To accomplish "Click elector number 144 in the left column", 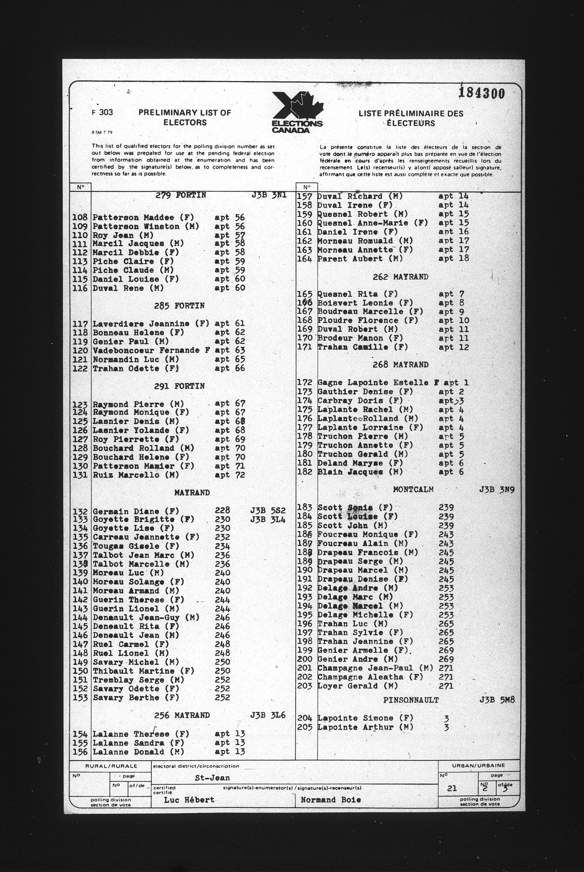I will [x=80, y=617].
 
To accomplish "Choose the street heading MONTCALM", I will [x=413, y=489].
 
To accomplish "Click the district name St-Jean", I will [x=212, y=778].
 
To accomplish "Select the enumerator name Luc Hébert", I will [x=189, y=800].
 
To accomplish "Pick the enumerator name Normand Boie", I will [x=331, y=800].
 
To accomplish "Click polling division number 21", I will [x=452, y=788].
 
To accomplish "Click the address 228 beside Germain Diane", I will [x=222, y=510].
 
